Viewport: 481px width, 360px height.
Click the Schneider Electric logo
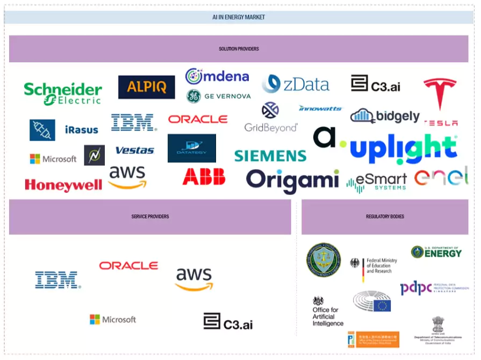[x=63, y=93]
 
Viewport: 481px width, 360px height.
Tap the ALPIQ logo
[x=146, y=87]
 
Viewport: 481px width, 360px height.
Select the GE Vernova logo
[x=218, y=96]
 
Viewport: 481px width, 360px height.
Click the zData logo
[x=296, y=84]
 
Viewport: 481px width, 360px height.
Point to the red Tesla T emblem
[x=440, y=93]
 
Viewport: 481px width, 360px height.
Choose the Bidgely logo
[x=385, y=116]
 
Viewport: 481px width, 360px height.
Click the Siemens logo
[x=270, y=156]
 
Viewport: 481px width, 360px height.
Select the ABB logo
[x=204, y=177]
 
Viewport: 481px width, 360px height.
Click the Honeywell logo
[x=63, y=185]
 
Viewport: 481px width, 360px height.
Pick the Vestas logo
[x=134, y=150]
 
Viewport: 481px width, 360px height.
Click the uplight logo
[x=403, y=149]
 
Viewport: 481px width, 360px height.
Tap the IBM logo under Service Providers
[x=58, y=280]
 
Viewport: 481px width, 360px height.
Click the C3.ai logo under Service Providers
[x=228, y=322]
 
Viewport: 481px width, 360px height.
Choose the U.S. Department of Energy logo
[x=436, y=251]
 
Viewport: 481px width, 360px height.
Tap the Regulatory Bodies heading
[x=385, y=217]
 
